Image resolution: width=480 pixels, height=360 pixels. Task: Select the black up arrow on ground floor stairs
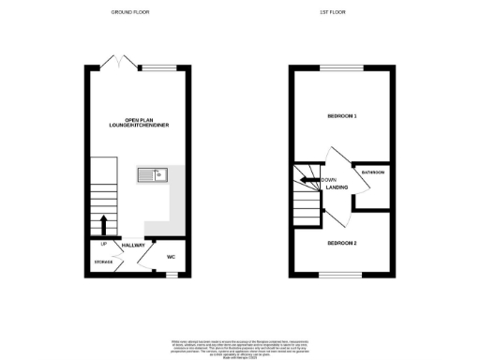pos(104,225)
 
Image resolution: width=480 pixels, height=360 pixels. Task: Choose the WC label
pos(172,256)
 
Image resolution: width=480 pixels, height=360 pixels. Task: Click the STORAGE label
pos(103,262)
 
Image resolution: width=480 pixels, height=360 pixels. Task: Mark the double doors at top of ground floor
pos(116,63)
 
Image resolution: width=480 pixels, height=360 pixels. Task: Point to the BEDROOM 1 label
pos(341,115)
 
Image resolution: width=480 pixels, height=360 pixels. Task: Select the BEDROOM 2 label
pos(341,243)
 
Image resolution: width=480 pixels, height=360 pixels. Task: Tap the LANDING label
pos(337,188)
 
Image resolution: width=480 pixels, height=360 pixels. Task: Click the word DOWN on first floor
pos(328,179)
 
